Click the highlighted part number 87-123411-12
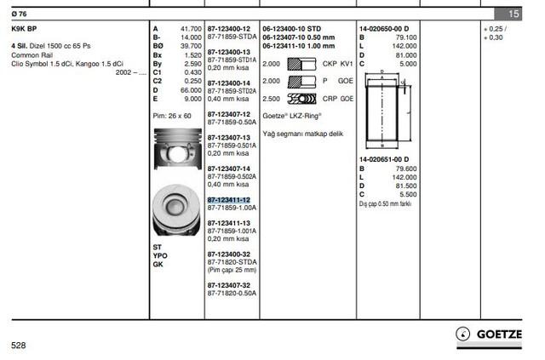(x=229, y=200)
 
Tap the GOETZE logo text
(x=499, y=334)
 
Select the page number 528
(x=19, y=345)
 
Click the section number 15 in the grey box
(x=513, y=14)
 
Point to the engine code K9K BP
(x=24, y=29)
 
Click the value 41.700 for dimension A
(x=191, y=29)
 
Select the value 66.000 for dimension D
(x=191, y=90)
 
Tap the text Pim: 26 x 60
(x=172, y=116)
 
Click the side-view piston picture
(x=178, y=149)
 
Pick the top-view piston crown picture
(x=176, y=210)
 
